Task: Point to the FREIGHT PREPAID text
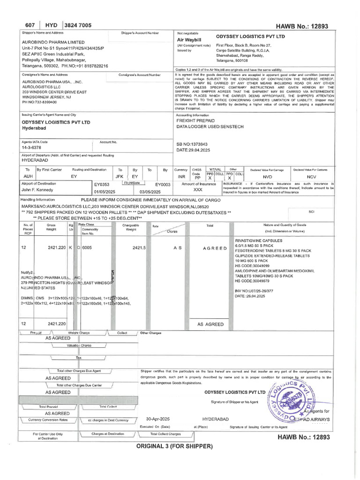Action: click(x=196, y=120)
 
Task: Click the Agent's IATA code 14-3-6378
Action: click(x=31, y=148)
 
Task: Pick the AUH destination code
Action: click(x=28, y=176)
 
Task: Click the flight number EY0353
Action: click(x=101, y=185)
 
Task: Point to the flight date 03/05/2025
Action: click(x=150, y=192)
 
